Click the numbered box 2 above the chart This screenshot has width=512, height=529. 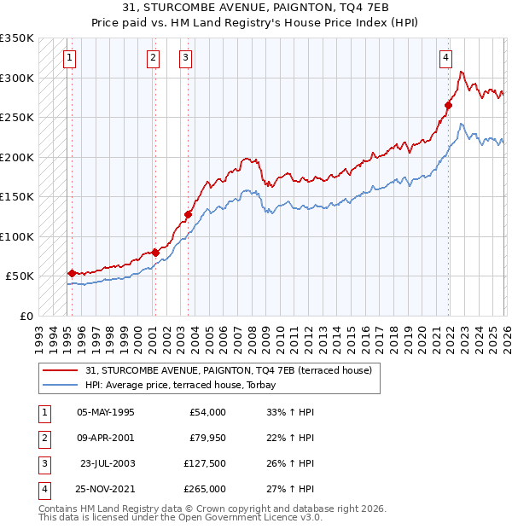point(153,58)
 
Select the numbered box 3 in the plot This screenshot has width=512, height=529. point(185,58)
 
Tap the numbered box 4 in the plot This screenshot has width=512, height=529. point(445,58)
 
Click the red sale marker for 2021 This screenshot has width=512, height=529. point(448,106)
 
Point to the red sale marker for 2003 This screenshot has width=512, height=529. point(189,215)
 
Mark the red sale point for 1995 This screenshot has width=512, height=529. point(72,273)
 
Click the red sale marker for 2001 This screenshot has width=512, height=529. point(155,253)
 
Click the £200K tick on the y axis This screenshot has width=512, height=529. point(17,157)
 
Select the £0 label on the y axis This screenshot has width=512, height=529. point(27,316)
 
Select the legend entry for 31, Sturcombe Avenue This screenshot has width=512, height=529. point(228,371)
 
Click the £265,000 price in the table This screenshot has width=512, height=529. point(205,489)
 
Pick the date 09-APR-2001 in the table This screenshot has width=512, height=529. point(105,438)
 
